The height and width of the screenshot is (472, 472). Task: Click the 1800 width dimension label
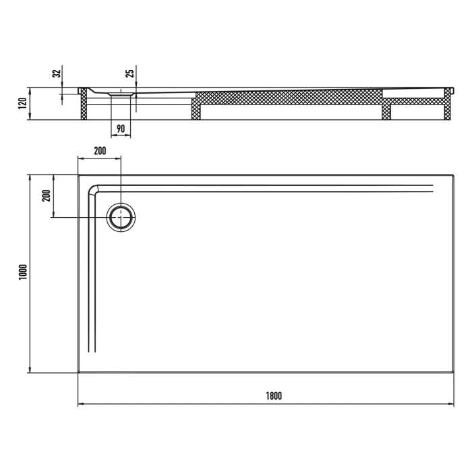pyautogui.click(x=273, y=396)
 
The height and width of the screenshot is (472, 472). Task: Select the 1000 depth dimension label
pyautogui.click(x=23, y=272)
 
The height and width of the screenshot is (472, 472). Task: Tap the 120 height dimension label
pyautogui.click(x=23, y=103)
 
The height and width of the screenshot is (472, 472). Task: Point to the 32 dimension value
pyautogui.click(x=57, y=73)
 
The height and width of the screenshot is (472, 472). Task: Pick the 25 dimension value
pyautogui.click(x=131, y=73)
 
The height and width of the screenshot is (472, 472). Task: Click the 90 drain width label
pyautogui.click(x=121, y=128)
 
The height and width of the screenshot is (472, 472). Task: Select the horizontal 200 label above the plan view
pyautogui.click(x=100, y=151)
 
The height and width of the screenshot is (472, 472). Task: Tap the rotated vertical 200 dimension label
pyautogui.click(x=46, y=196)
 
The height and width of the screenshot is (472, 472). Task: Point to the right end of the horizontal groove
pyautogui.click(x=432, y=188)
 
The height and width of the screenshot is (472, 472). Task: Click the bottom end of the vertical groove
pyautogui.click(x=93, y=351)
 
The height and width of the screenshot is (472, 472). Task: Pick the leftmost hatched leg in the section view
pyautogui.click(x=84, y=107)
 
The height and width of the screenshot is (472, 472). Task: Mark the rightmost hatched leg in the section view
pyautogui.click(x=447, y=108)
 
